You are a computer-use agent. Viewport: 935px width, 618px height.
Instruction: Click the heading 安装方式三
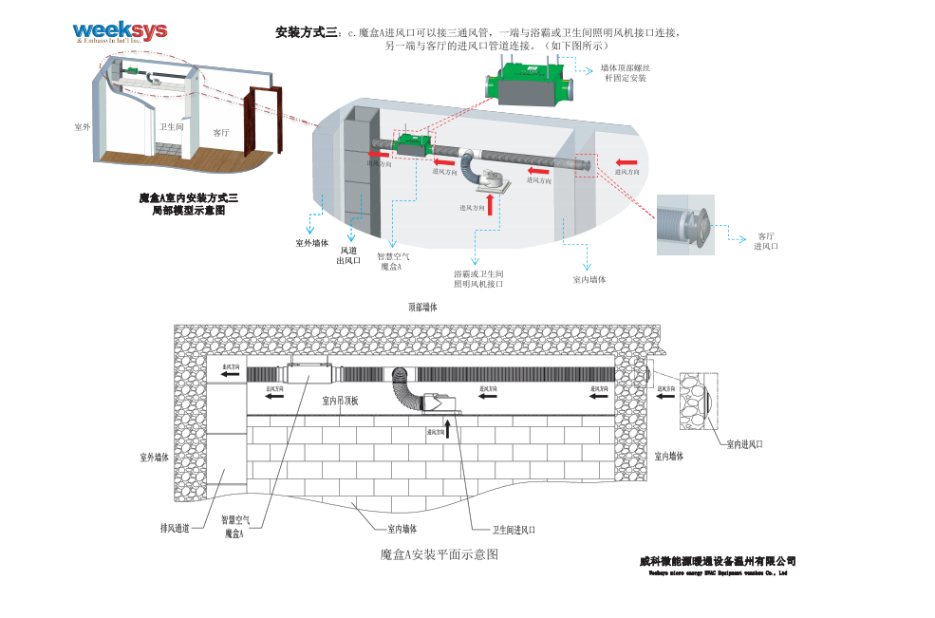306,33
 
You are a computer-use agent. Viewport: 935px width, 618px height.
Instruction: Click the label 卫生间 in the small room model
171,126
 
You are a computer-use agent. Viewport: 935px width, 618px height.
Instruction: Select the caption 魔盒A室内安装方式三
188,197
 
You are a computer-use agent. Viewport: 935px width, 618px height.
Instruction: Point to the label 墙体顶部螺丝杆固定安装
626,73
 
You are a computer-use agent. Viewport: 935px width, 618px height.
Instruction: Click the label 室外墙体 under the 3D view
311,242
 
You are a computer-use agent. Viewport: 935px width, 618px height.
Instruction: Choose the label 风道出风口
348,255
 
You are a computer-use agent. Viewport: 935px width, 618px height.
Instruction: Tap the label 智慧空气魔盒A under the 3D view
393,261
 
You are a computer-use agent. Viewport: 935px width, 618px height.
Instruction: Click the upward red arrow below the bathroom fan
491,204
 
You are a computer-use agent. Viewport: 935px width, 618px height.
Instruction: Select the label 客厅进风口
765,241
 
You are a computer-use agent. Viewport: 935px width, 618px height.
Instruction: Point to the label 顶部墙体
422,307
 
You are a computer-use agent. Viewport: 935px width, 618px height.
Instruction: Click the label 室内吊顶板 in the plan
340,401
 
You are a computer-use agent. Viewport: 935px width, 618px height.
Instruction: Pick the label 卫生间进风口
513,530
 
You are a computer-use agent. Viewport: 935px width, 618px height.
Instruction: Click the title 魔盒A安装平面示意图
439,552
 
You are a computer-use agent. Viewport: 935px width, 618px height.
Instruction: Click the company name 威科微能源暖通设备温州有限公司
718,561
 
